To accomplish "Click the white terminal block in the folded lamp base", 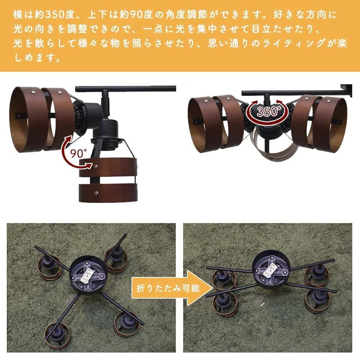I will [272, 269].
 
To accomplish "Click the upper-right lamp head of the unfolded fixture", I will [115, 255].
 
